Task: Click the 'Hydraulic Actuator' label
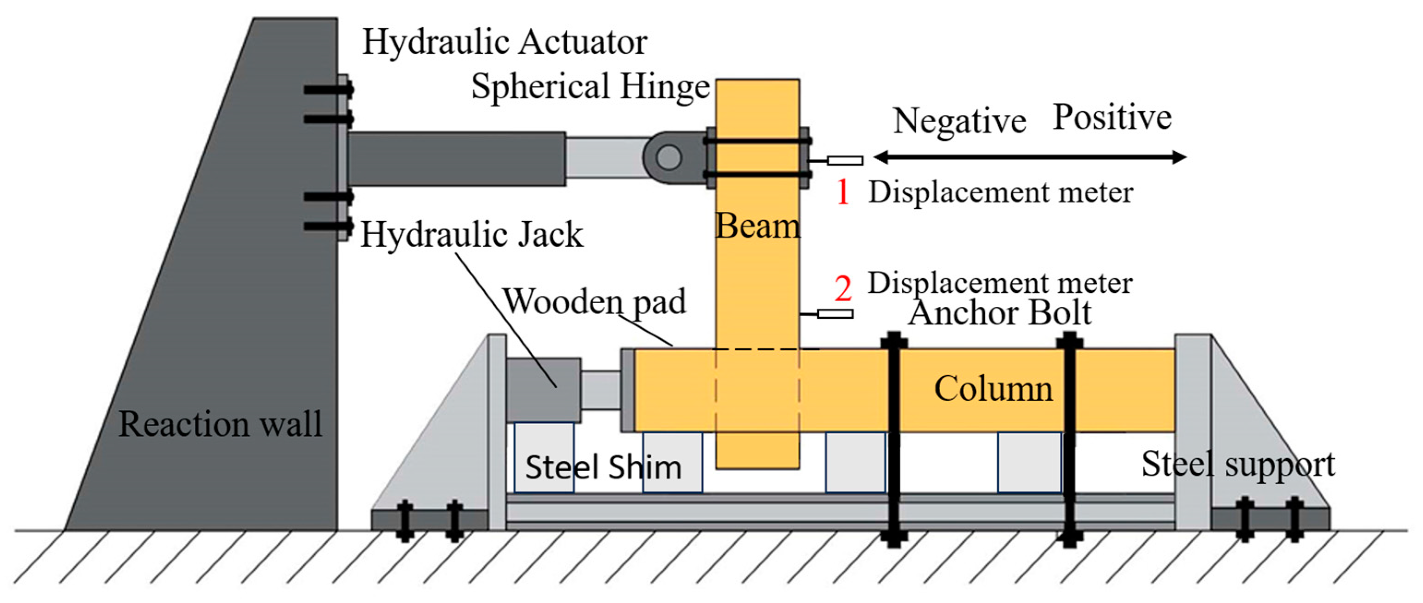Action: [504, 42]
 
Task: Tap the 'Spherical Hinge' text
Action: [590, 87]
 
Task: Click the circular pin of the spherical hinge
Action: [668, 157]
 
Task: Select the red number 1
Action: [842, 192]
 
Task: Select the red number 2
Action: [843, 288]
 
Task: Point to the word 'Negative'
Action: [960, 120]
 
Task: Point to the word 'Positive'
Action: [1112, 117]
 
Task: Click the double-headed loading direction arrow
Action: [1030, 157]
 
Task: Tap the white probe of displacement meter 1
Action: [845, 161]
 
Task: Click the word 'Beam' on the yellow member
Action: [757, 226]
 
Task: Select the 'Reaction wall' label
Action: [220, 424]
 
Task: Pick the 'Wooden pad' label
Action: [594, 302]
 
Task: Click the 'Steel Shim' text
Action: [603, 467]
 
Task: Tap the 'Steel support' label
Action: [1238, 464]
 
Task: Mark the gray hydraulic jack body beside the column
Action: [543, 390]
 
